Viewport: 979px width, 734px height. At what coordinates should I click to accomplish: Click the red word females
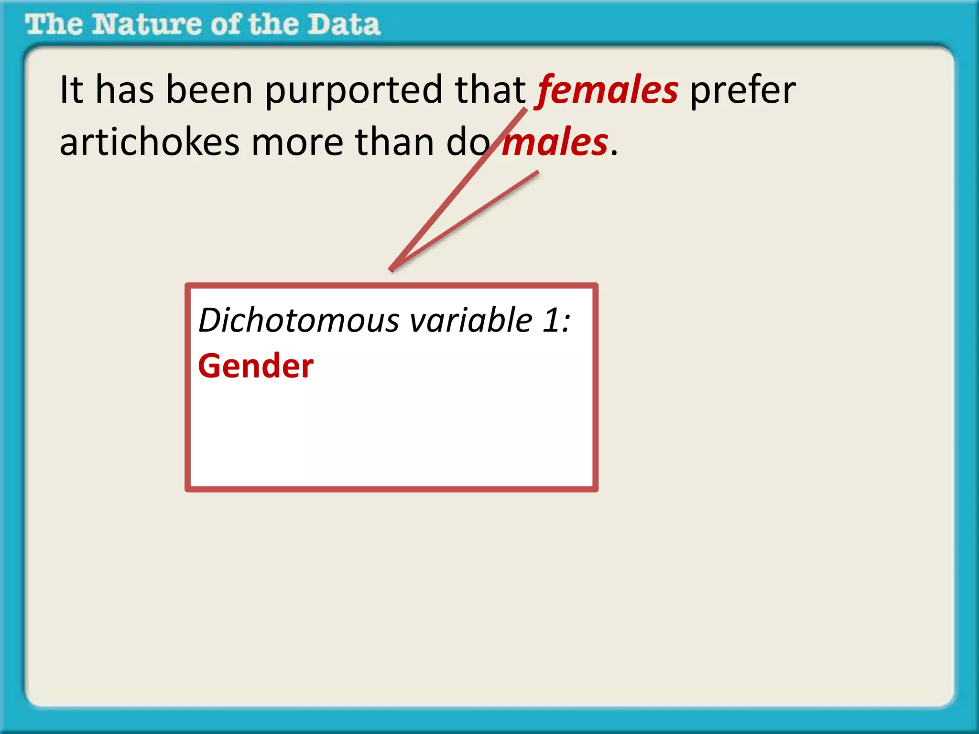(607, 90)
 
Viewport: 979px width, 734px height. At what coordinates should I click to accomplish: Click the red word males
(555, 142)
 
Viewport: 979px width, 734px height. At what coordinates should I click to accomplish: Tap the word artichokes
(149, 142)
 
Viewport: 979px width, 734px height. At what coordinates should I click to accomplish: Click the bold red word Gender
(256, 367)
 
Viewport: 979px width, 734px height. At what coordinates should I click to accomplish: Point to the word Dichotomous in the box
(299, 320)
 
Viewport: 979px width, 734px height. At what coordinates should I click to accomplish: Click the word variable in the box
(471, 320)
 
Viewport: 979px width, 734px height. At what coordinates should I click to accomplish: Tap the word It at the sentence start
(71, 90)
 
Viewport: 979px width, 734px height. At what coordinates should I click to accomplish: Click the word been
(209, 90)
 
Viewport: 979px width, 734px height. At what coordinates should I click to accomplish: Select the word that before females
(490, 90)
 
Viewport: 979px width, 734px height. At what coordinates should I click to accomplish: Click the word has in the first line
(125, 90)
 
